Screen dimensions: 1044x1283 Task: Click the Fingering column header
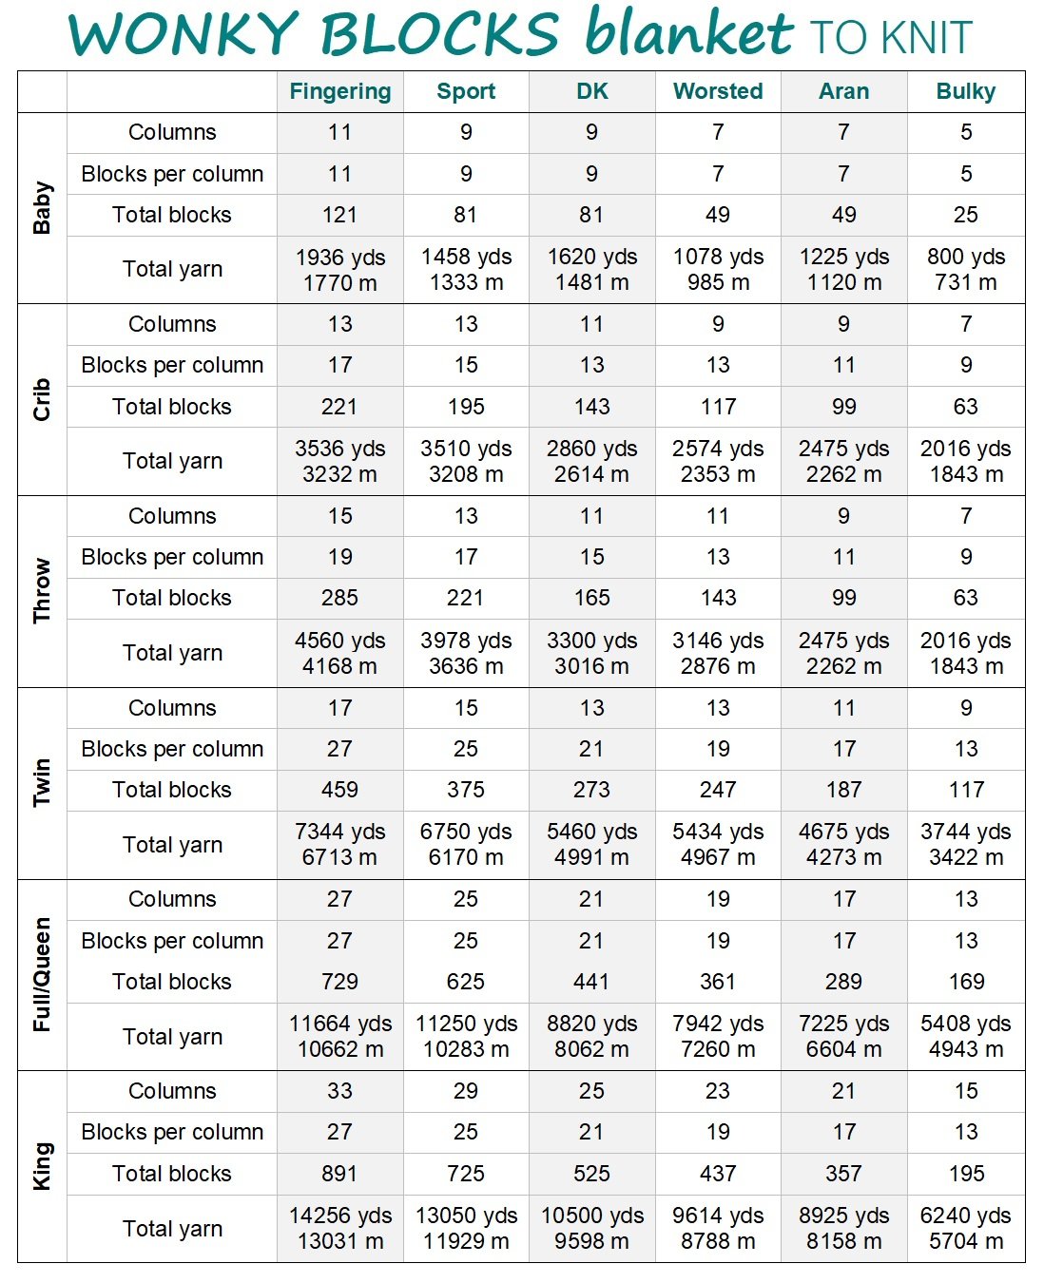(x=340, y=92)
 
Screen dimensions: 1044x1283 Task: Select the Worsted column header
(x=718, y=91)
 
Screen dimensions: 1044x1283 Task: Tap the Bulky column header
(x=966, y=92)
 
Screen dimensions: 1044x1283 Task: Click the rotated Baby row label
(x=42, y=207)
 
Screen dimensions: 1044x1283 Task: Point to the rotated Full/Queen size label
(x=42, y=974)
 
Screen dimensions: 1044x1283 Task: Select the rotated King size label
(x=42, y=1166)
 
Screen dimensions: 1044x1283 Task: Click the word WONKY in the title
(x=184, y=33)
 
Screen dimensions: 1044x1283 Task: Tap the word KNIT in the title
(x=926, y=37)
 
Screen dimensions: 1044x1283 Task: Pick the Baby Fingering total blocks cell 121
(x=339, y=215)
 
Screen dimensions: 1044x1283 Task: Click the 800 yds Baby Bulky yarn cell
(x=966, y=257)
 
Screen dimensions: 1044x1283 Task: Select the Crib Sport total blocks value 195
(x=466, y=407)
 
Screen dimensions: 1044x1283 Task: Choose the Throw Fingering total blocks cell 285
(x=339, y=598)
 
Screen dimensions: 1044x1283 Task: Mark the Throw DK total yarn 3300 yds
(x=591, y=641)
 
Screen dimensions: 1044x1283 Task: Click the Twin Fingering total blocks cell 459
(x=339, y=789)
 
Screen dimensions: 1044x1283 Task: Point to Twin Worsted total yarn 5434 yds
(x=718, y=832)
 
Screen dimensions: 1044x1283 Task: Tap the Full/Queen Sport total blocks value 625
(x=466, y=981)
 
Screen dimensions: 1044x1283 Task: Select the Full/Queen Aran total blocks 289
(x=843, y=981)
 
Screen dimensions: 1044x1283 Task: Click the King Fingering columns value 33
(x=339, y=1090)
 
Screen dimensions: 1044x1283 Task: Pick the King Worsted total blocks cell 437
(x=718, y=1174)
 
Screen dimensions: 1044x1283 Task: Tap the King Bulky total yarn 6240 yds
(x=966, y=1216)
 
